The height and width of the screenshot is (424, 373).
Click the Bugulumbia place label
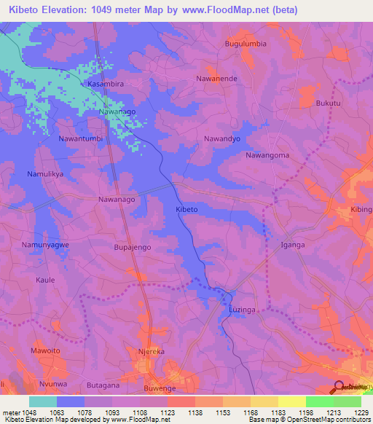pyautogui.click(x=246, y=44)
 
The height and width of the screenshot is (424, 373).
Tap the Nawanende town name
pyautogui.click(x=217, y=78)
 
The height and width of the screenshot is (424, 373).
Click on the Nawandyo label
pyautogui.click(x=222, y=138)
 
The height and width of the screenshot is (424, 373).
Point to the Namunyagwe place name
pyautogui.click(x=45, y=245)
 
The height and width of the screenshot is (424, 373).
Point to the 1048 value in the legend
pyautogui.click(x=28, y=412)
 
